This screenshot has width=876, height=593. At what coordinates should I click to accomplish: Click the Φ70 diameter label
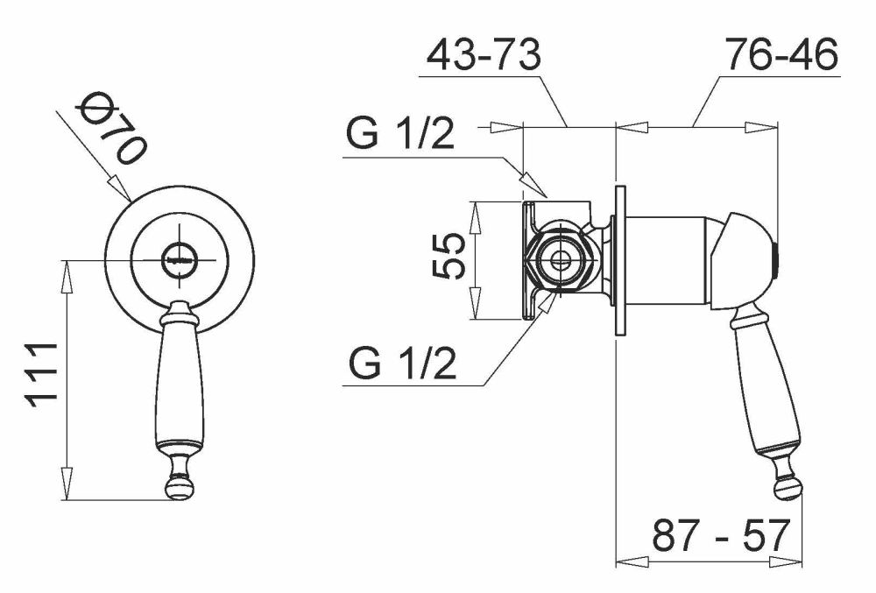(x=113, y=128)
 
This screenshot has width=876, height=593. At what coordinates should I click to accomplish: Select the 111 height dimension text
(x=41, y=375)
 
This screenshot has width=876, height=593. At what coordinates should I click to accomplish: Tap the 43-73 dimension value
(x=484, y=54)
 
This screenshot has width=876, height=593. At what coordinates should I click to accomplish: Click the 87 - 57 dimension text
(x=722, y=535)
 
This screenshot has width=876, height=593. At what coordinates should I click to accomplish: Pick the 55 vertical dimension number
(x=449, y=256)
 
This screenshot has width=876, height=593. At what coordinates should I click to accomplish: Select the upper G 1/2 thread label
(x=400, y=133)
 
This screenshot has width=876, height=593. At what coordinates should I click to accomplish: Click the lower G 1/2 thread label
(x=402, y=363)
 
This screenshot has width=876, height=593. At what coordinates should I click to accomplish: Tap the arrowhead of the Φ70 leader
(x=118, y=188)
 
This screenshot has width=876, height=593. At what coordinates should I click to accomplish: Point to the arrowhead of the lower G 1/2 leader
(x=547, y=304)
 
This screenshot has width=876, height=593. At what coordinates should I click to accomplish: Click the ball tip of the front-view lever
(x=180, y=487)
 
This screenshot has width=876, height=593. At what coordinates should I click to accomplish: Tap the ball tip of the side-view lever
(x=788, y=488)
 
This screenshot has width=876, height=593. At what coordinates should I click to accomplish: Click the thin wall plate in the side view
(x=620, y=261)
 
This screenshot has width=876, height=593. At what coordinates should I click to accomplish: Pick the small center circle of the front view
(x=180, y=260)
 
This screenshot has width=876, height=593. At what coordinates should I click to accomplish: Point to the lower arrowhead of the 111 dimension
(x=67, y=484)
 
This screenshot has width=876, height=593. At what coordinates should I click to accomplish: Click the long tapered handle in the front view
(x=180, y=385)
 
